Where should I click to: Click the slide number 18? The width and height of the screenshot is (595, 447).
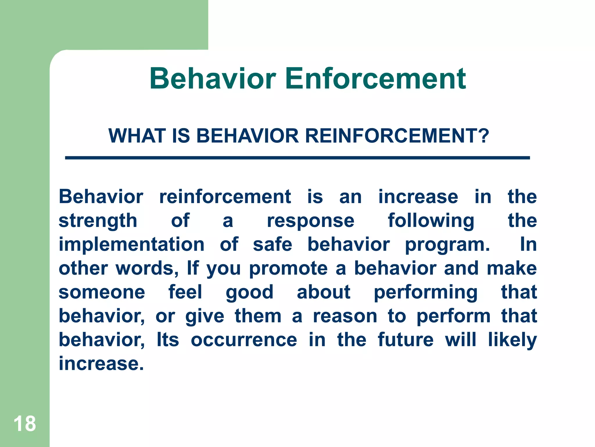[25, 424]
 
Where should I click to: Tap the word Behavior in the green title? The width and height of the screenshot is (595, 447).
[212, 79]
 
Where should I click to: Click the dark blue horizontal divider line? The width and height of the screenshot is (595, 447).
[297, 158]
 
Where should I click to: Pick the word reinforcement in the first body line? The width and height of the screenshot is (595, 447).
[225, 197]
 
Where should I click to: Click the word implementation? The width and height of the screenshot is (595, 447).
[132, 244]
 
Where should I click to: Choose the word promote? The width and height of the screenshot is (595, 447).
[288, 269]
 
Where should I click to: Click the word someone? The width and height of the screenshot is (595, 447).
[102, 292]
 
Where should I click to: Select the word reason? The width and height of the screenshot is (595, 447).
[345, 316]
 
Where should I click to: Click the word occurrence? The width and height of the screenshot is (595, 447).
[244, 340]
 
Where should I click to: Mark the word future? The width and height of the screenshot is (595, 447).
[406, 340]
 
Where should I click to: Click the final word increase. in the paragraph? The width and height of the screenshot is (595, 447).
[101, 364]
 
